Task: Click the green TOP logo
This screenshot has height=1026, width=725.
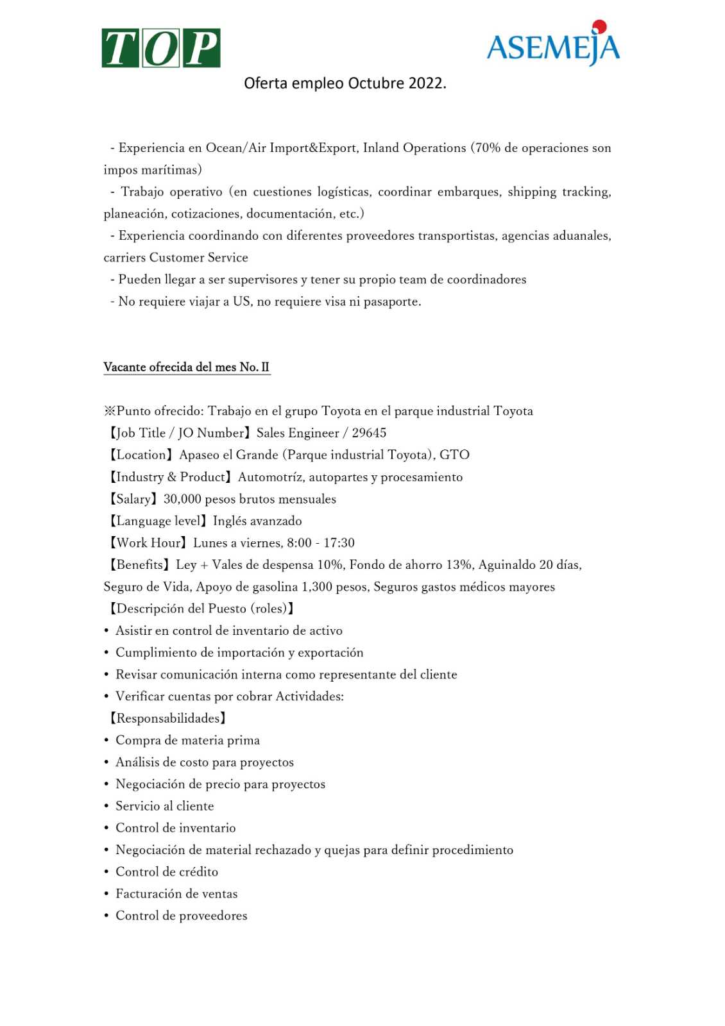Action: [x=160, y=48]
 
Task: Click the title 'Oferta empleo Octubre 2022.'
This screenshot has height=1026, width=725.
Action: [x=345, y=83]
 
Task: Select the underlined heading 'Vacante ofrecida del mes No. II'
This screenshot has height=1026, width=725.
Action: [x=186, y=367]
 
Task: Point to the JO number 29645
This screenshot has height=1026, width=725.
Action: [x=369, y=433]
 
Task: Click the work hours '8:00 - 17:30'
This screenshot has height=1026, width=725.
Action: [x=320, y=542]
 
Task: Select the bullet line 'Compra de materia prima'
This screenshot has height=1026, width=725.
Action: [x=187, y=740]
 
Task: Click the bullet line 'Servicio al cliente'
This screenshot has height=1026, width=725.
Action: [x=164, y=806]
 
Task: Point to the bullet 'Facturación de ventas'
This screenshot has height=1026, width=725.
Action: [x=176, y=893]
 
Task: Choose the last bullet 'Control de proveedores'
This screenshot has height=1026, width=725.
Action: [x=181, y=916]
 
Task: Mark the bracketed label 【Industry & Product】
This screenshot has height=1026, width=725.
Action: [x=169, y=477]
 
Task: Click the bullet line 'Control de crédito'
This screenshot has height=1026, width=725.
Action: [x=167, y=871]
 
